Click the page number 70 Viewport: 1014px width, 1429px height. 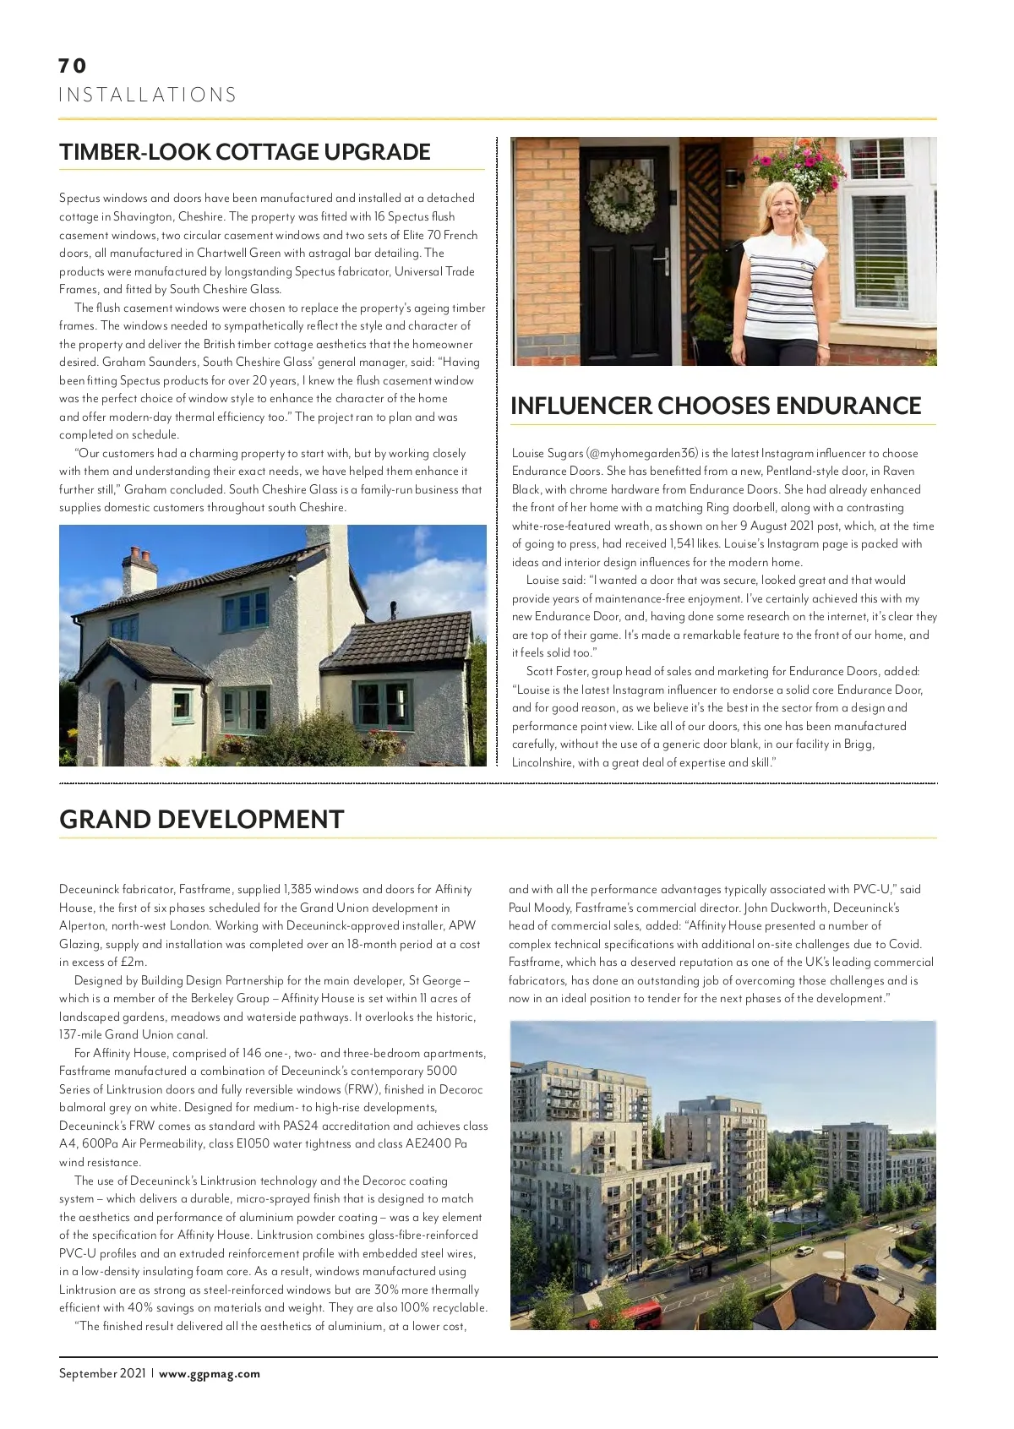tap(73, 66)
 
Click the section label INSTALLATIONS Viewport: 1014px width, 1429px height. tap(148, 95)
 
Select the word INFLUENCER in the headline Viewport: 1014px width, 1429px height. tap(581, 406)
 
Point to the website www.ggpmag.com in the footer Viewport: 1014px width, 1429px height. tap(210, 1374)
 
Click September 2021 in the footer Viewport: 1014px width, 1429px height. tap(102, 1374)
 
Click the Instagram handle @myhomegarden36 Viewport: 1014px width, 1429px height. tap(643, 454)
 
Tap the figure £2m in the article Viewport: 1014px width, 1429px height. tap(133, 963)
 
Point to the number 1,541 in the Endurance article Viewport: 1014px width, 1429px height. tap(681, 544)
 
